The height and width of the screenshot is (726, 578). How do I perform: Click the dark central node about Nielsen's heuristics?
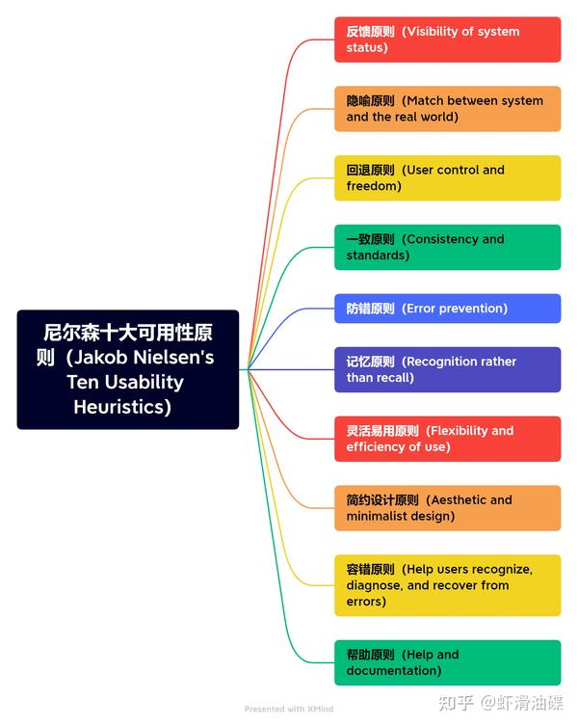[x=128, y=369]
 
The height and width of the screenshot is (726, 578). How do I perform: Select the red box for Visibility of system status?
[x=447, y=40]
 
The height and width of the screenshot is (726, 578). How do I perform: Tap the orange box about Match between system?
[x=447, y=109]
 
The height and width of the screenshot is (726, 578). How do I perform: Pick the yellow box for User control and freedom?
[x=447, y=178]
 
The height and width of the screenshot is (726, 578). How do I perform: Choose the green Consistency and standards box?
[x=447, y=247]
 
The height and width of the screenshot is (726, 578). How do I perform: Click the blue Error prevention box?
[x=447, y=309]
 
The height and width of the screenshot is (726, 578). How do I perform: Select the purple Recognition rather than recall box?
[x=447, y=369]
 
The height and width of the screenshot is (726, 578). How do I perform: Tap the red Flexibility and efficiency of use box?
[x=447, y=439]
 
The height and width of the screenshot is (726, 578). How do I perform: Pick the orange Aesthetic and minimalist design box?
[x=447, y=508]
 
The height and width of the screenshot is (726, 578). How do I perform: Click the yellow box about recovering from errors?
[x=447, y=585]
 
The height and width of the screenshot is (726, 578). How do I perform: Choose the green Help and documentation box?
[x=447, y=662]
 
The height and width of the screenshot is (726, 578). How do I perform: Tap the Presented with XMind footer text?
[x=289, y=709]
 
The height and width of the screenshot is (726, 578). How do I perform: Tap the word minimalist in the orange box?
[x=375, y=516]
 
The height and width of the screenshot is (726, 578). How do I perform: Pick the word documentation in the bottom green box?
[x=390, y=670]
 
